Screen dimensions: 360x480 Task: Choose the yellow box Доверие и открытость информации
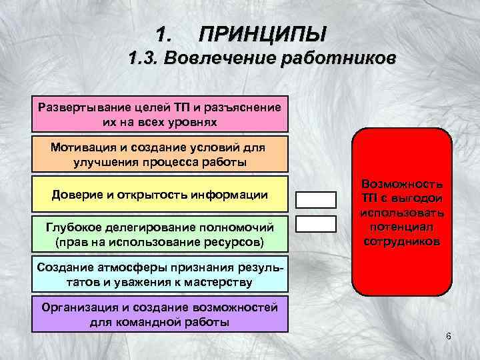[x=160, y=195]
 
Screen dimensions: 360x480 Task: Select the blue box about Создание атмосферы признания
[x=160, y=274]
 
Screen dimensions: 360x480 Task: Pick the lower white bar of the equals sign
[x=316, y=224]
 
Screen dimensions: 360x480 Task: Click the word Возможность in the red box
[x=401, y=183]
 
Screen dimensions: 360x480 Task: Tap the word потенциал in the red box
[x=401, y=227]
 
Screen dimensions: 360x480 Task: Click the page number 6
[x=449, y=335]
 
